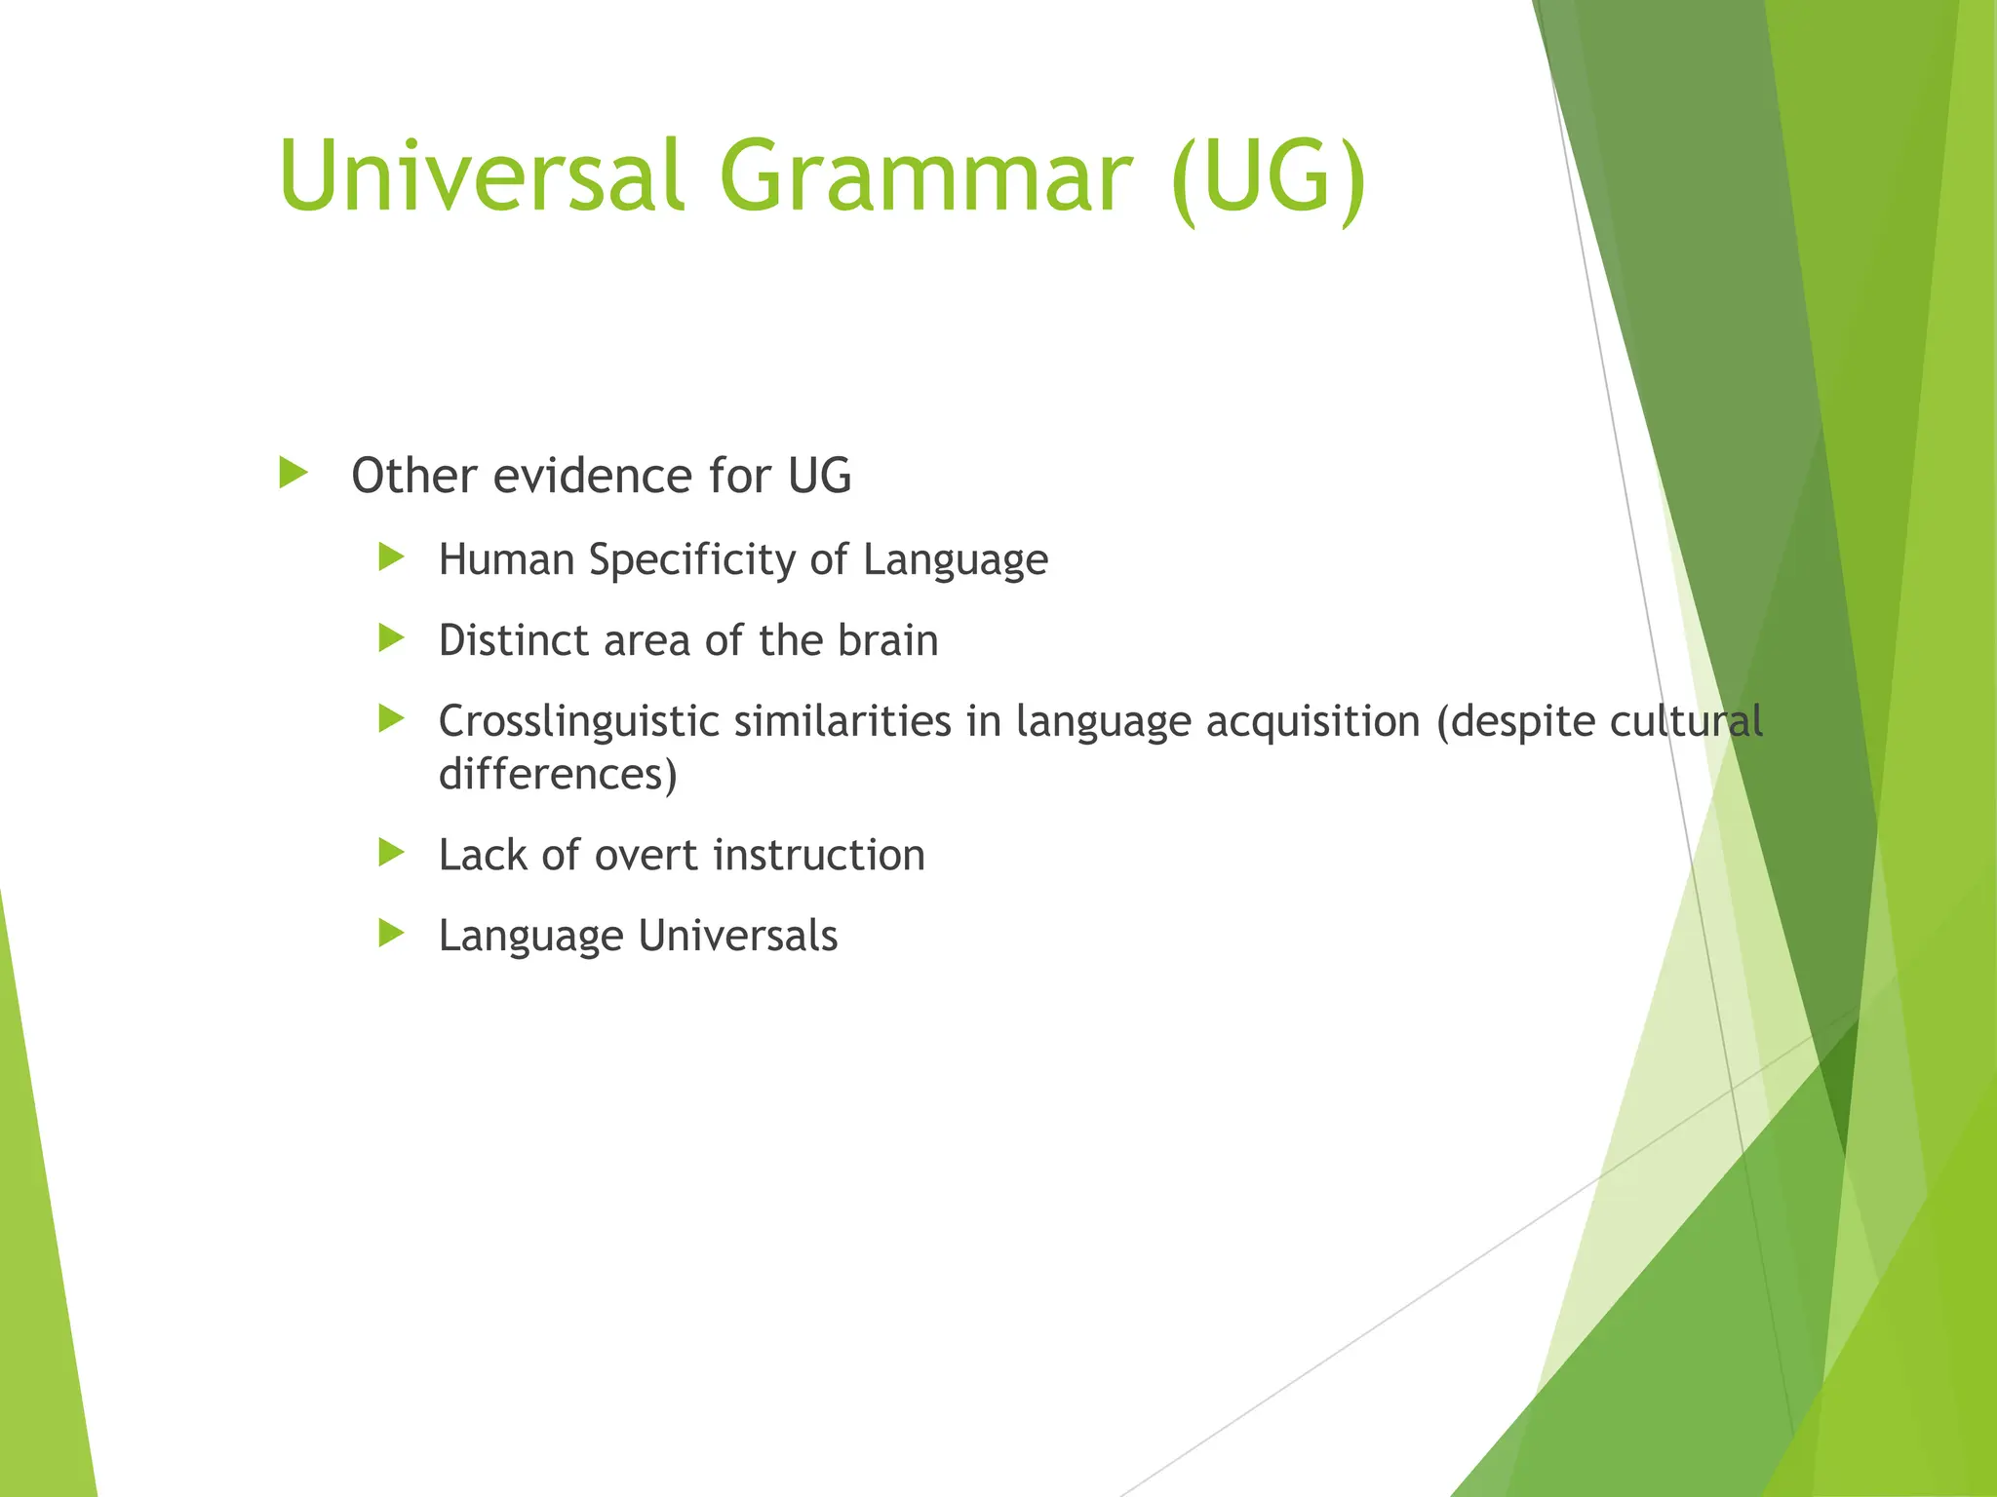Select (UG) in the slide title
pos(1268,177)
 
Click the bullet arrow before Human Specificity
pos(391,557)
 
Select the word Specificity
pos(692,560)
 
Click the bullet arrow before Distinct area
pos(391,638)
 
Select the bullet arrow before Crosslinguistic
pos(391,719)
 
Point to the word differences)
pos(558,775)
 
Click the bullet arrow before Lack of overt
pos(391,853)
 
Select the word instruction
pos(818,856)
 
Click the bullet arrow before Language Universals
pos(391,934)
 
